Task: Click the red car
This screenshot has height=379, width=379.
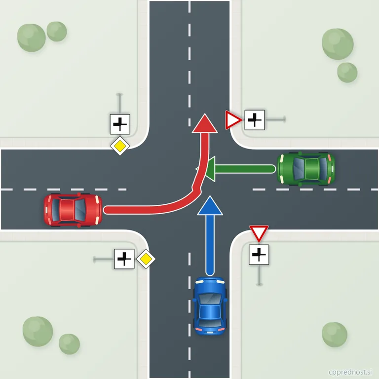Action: pos(73,210)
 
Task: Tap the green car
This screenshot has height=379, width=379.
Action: pos(306,169)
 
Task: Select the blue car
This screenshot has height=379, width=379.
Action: pos(210,306)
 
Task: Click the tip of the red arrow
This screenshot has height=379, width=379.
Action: pos(205,114)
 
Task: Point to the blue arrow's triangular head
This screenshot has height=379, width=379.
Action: pos(210,206)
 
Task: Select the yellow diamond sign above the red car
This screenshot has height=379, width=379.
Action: pos(120,146)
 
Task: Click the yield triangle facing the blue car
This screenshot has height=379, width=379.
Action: pos(259,233)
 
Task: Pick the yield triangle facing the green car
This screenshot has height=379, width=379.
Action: pos(233,120)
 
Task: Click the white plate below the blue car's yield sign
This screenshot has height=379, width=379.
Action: pos(259,255)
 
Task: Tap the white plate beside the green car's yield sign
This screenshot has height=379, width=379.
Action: pos(255,120)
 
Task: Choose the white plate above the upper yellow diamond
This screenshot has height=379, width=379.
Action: pos(120,124)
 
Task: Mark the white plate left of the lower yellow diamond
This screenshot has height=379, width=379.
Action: pos(124,259)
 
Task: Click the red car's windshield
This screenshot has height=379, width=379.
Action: pos(80,210)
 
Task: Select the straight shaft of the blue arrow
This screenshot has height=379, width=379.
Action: pos(210,245)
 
